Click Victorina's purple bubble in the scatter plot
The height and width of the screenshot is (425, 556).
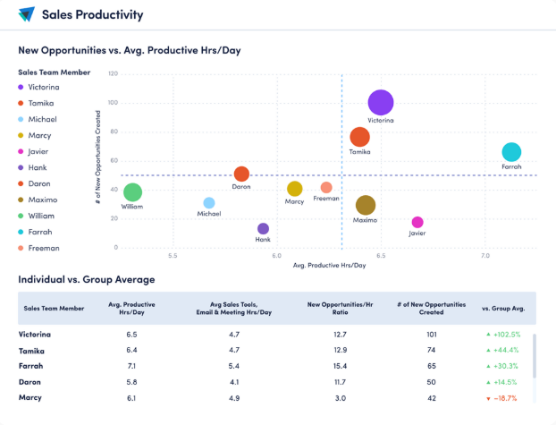tap(381, 103)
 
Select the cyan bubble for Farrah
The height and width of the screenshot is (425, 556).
tap(511, 152)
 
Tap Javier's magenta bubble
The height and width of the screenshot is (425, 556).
tap(417, 222)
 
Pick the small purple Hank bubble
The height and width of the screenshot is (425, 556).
tap(263, 229)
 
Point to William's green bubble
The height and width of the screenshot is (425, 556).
tap(132, 192)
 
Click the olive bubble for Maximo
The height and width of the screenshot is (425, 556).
tap(365, 206)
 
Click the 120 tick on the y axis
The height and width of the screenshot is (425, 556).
tap(113, 73)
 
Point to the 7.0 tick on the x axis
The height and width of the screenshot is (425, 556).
tap(485, 256)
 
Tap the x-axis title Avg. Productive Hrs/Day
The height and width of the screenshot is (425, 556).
tap(329, 266)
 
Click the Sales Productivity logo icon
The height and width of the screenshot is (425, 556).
tap(26, 14)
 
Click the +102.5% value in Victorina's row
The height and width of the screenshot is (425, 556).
tap(501, 335)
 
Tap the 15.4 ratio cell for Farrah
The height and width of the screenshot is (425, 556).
tap(338, 366)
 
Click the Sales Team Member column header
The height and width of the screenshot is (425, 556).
tap(55, 308)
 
